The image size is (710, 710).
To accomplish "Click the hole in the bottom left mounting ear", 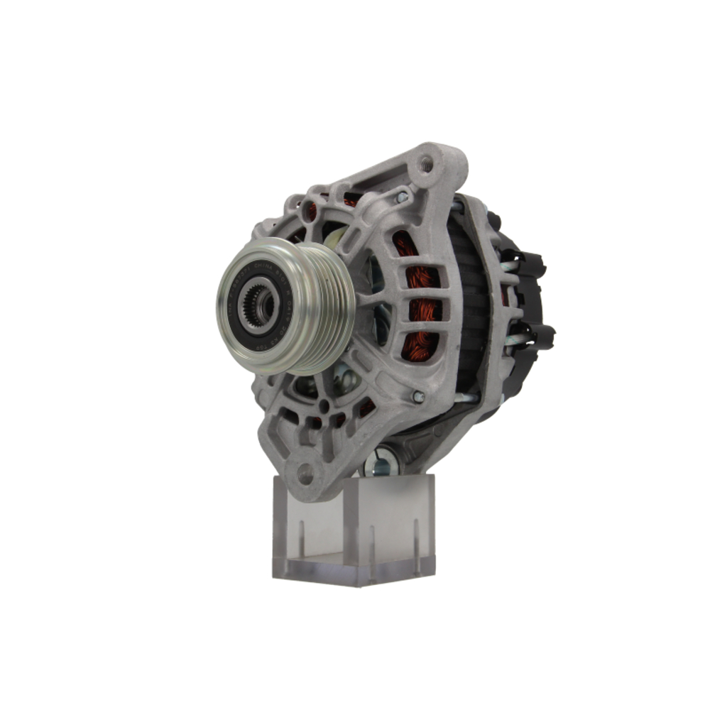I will tap(306, 474).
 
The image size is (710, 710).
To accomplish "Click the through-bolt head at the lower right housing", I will tap(417, 396).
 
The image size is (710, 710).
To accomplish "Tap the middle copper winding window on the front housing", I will tap(424, 310).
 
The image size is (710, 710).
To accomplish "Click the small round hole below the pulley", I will tap(324, 406).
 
